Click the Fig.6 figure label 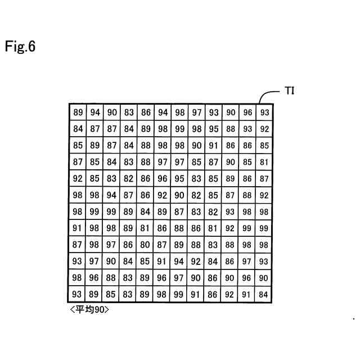(x=20, y=47)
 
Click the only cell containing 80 (x=146, y=245)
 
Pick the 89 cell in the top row (x=78, y=112)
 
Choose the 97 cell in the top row (x=196, y=112)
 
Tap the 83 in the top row (x=129, y=112)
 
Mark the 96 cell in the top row (x=247, y=112)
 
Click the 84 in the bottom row (x=264, y=294)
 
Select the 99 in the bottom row (x=179, y=294)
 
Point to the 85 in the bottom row (x=112, y=294)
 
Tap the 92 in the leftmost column (x=78, y=178)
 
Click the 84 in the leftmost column (x=78, y=129)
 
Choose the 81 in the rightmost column (x=264, y=162)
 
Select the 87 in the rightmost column (x=264, y=178)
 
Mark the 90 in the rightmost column (x=264, y=278)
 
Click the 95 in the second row (x=213, y=129)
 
